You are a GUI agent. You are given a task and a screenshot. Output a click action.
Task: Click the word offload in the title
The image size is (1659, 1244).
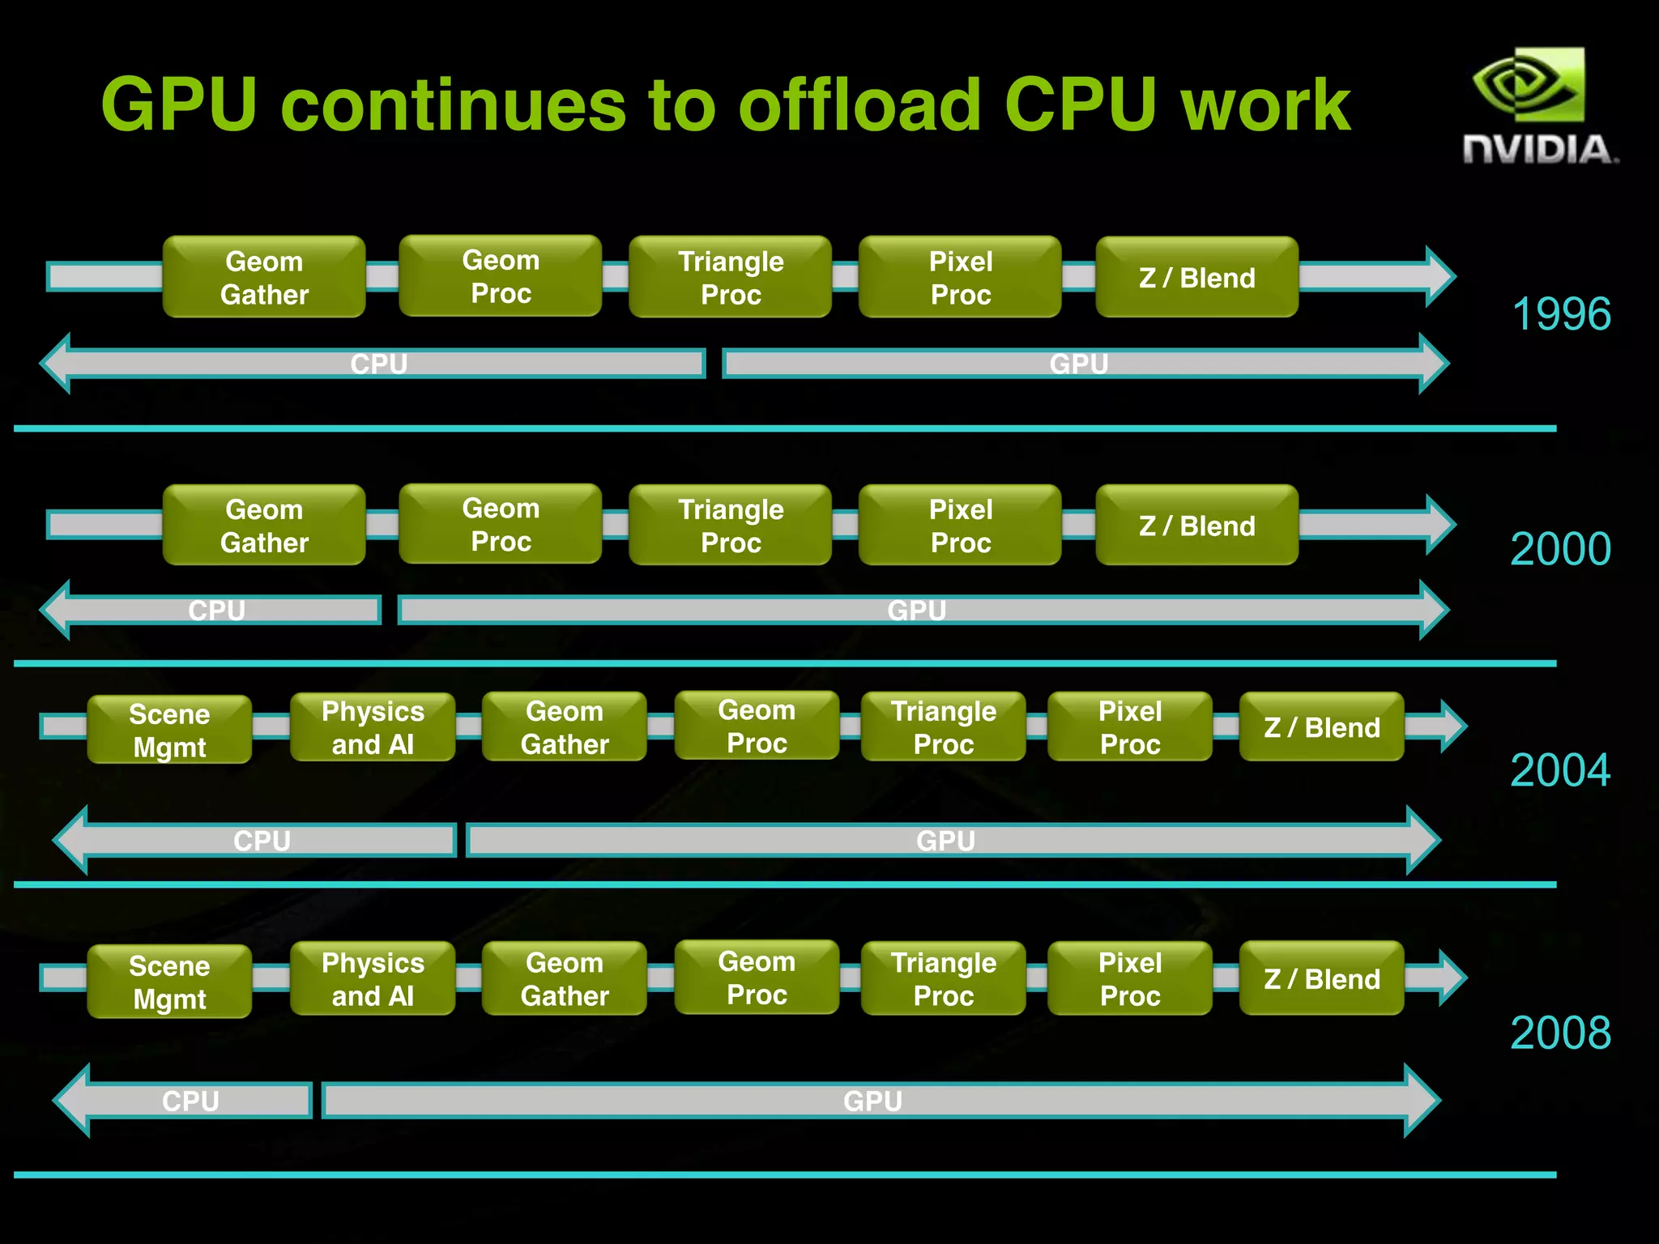(859, 105)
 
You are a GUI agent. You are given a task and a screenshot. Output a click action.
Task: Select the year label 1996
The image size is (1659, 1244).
(1561, 314)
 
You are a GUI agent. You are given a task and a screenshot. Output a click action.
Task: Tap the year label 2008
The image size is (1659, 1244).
(1560, 1033)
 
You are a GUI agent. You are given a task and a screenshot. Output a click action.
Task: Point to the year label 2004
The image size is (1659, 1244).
(1560, 769)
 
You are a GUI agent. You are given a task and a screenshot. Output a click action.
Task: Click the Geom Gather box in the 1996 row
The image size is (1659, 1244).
(264, 278)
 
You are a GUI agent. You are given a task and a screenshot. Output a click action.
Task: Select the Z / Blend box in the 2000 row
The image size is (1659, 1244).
(1196, 526)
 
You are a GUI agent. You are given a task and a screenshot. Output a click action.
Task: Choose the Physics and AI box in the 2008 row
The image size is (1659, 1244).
(373, 979)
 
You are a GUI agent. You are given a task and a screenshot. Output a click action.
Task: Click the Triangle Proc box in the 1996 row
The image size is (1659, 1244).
(731, 278)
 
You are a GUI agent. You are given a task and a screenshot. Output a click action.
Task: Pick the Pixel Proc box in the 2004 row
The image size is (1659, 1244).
(1130, 727)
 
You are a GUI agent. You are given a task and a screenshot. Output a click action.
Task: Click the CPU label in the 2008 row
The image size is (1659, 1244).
(190, 1101)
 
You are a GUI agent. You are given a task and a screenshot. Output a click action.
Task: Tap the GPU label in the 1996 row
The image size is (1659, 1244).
(1079, 364)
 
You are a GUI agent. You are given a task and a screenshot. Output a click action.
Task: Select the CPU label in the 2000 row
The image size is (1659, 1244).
(216, 610)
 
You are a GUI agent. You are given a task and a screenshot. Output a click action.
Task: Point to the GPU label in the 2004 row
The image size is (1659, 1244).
(945, 841)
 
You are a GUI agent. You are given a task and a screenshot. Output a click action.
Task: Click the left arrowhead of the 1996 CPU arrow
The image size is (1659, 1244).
(57, 364)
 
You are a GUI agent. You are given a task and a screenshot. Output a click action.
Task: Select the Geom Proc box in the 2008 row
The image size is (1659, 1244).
(757, 978)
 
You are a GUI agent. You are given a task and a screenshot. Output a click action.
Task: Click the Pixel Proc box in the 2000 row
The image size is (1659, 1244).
(961, 526)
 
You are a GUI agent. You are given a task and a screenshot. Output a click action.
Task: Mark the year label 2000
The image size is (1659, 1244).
(1560, 549)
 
